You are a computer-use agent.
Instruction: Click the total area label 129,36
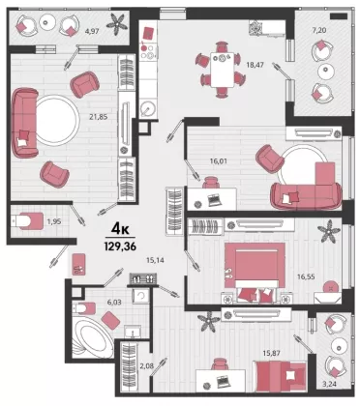coord(120,246)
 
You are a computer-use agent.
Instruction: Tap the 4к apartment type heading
coord(120,229)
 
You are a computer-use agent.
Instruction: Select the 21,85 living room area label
coord(99,117)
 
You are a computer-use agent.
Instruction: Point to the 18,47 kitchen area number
coord(255,65)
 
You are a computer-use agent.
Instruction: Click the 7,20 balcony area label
coord(319,31)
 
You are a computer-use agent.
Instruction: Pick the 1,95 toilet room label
coord(54,221)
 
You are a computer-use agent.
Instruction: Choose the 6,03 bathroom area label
coord(114,302)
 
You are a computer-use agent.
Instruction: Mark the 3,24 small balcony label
coord(328,384)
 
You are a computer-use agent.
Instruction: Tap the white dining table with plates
coord(223,70)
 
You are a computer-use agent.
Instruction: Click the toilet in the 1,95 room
coord(27,220)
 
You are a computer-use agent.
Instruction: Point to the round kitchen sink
coord(149,108)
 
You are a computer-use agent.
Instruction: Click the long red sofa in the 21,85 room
coord(25,123)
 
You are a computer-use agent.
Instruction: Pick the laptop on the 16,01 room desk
coord(213,200)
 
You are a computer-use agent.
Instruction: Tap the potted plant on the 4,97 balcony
coord(117,23)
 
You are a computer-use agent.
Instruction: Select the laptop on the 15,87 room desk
coord(223,381)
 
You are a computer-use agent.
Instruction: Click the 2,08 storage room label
coord(146,365)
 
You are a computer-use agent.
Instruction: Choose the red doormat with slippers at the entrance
coord(78,264)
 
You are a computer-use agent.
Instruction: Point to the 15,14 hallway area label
coord(155,260)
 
